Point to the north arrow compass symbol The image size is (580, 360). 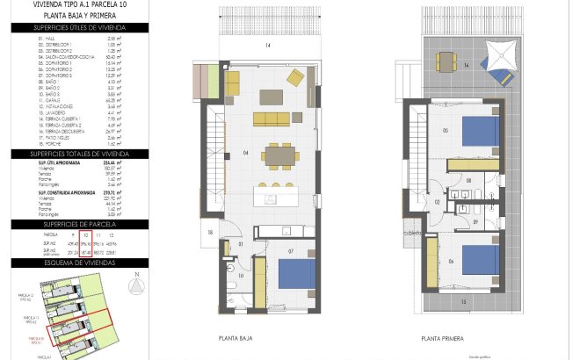[134, 285]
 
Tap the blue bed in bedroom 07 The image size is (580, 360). [295, 274]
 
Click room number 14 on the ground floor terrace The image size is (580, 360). [267, 45]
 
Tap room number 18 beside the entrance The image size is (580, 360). [210, 232]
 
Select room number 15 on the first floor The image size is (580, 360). [463, 300]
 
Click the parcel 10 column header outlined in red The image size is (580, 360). [86, 236]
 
